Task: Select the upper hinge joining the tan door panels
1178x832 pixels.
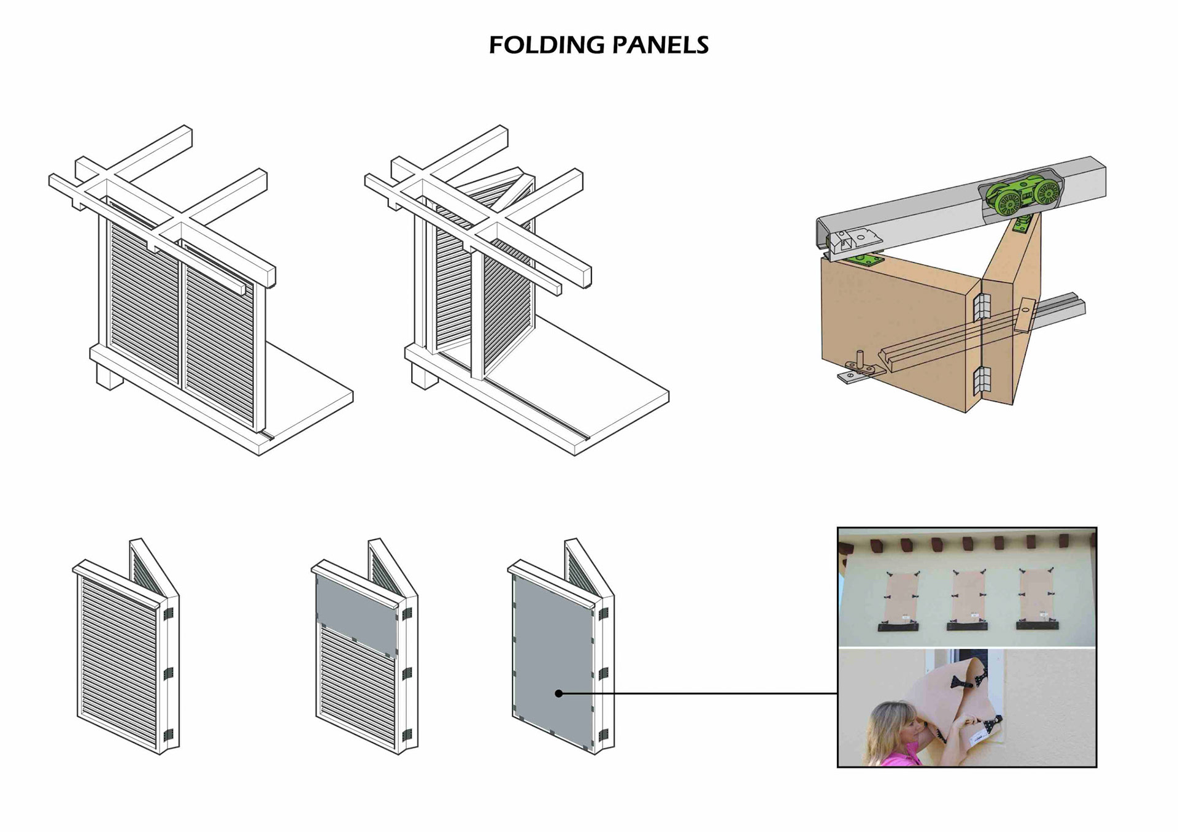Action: pyautogui.click(x=981, y=306)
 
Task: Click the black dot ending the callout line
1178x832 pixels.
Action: pyautogui.click(x=558, y=693)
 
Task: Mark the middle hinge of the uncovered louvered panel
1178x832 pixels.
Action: pyautogui.click(x=168, y=673)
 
